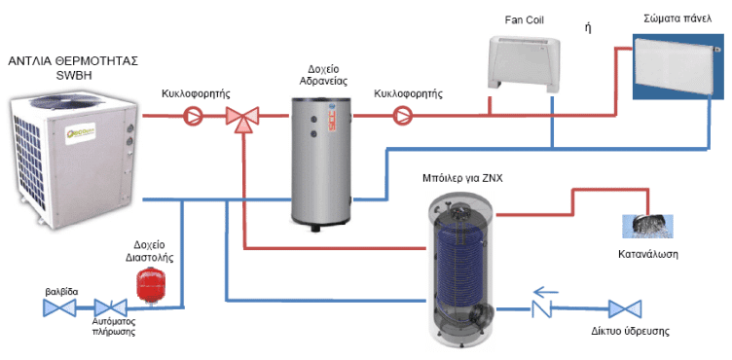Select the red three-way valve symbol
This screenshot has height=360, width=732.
(x=238, y=118)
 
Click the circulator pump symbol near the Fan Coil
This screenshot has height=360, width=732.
(x=403, y=118)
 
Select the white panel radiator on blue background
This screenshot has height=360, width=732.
(x=677, y=66)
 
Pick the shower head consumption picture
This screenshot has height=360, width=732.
(x=647, y=225)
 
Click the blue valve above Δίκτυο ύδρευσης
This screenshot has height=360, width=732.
(x=623, y=309)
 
